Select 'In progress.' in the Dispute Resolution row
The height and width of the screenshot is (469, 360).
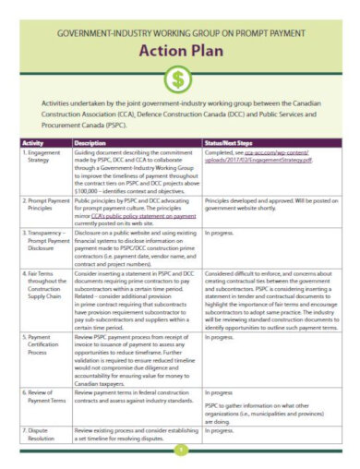(221, 429)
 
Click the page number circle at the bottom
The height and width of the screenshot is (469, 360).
(180, 450)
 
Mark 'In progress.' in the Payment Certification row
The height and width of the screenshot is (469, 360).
(221, 337)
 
